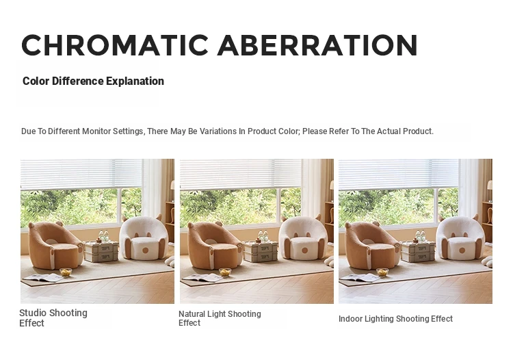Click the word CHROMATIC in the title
tap(115, 45)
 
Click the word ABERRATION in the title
tap(317, 45)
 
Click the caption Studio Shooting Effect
tap(53, 318)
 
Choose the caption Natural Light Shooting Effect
tap(220, 318)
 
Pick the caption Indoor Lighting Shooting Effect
tap(395, 319)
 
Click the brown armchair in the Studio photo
tap(55, 245)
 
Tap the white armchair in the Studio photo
tap(144, 237)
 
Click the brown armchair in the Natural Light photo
tap(215, 246)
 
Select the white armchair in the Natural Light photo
tap(303, 238)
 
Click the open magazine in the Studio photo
tap(42, 278)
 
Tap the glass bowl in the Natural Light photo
tap(225, 272)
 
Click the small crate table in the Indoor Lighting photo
tap(418, 251)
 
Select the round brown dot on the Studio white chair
tap(146, 250)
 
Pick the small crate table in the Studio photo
tap(101, 251)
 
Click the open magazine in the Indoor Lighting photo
tap(360, 277)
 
